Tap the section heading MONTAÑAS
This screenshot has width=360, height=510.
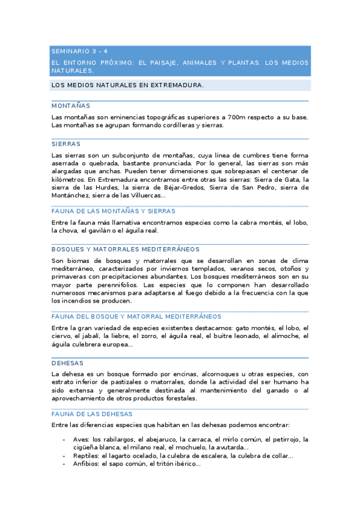point(70,105)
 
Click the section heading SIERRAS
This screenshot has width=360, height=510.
point(66,144)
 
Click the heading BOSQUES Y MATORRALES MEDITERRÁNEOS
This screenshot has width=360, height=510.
point(126,249)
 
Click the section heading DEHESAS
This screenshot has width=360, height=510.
point(67,363)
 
